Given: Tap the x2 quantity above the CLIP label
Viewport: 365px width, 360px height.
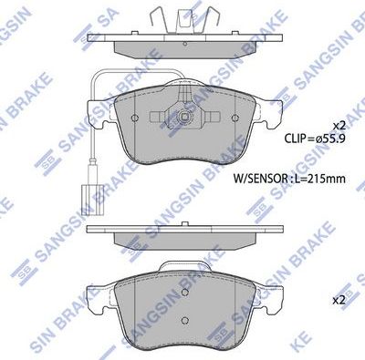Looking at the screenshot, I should tap(338, 125).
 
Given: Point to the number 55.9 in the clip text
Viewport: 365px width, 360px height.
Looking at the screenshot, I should tap(326, 139).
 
